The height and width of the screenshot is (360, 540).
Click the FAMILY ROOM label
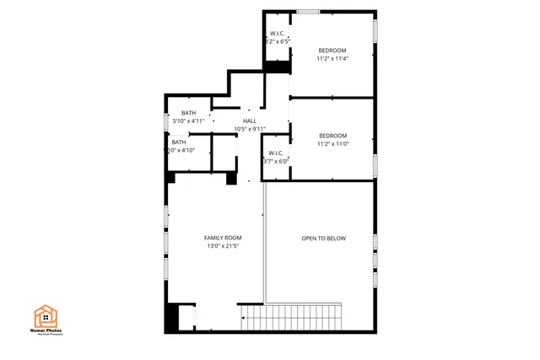(x=223, y=238)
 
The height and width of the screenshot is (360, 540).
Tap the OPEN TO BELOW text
(x=324, y=239)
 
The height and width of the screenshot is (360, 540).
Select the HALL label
(x=250, y=121)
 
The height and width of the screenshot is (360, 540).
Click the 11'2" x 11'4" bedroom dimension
(x=332, y=58)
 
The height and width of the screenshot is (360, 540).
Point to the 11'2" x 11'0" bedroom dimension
(x=332, y=144)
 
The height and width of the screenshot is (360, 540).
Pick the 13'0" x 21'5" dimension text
(x=223, y=246)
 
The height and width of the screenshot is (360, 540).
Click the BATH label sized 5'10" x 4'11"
(x=188, y=113)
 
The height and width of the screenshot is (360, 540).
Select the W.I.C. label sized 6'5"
(x=278, y=34)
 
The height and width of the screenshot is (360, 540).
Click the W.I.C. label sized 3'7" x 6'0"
(x=276, y=153)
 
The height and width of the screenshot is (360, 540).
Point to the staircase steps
(x=291, y=318)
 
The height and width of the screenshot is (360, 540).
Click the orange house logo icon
(x=46, y=316)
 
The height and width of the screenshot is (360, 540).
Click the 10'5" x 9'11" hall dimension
(x=250, y=129)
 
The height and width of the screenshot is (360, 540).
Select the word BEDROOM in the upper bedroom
(x=332, y=50)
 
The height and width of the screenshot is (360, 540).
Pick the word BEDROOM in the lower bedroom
(x=332, y=136)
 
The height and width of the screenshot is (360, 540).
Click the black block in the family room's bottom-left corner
(x=172, y=318)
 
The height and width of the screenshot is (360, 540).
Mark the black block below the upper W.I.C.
(x=277, y=66)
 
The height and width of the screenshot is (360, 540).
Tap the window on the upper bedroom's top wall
(x=308, y=11)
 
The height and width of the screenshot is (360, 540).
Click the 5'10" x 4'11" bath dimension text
(x=188, y=121)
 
